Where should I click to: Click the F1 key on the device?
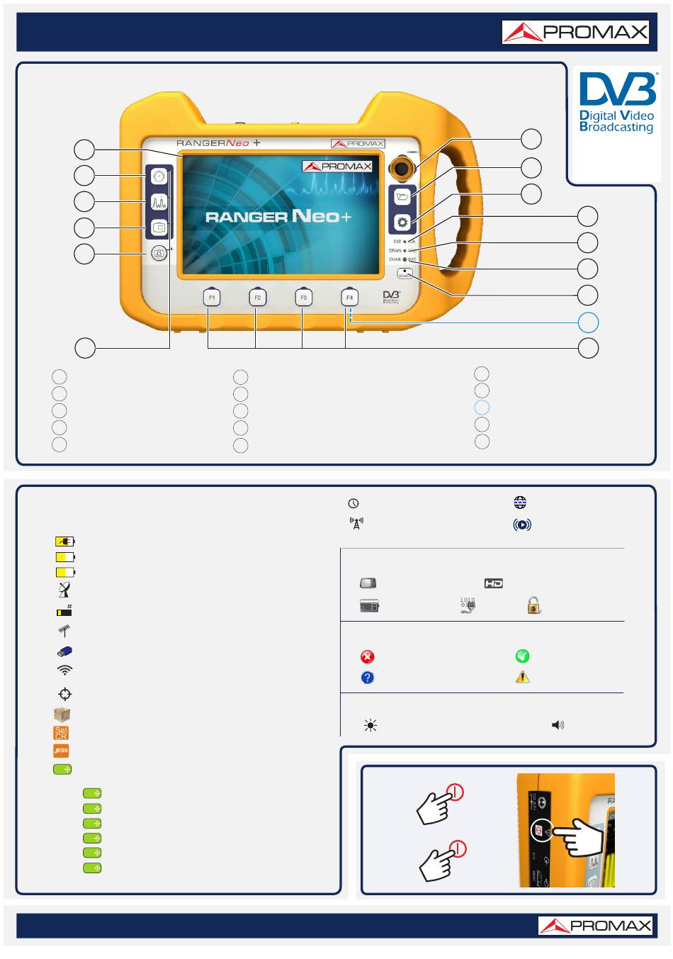[211, 298]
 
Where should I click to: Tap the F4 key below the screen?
[349, 298]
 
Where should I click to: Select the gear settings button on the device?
[402, 223]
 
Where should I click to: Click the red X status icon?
[368, 657]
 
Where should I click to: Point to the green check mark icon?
[522, 656]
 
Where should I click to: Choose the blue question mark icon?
[368, 678]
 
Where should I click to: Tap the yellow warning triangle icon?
[522, 677]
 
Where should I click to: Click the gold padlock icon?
[533, 605]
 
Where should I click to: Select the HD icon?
[494, 583]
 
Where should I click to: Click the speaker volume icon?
[558, 725]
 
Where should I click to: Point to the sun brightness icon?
[370, 725]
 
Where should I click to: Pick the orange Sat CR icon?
[61, 733]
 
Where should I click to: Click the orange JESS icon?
[61, 751]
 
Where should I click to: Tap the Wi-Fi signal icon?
[64, 670]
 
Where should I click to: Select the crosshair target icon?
[64, 694]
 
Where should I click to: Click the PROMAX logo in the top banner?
[575, 33]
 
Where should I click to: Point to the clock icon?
[354, 503]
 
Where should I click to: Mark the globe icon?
[521, 503]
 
